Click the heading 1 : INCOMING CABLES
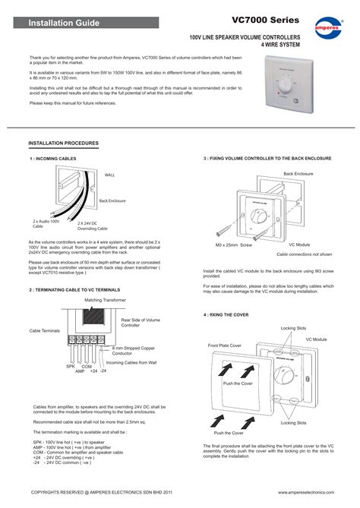pyautogui.click(x=55, y=159)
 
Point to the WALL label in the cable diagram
pyautogui.click(x=110, y=174)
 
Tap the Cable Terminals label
pyautogui.click(x=44, y=331)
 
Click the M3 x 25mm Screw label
pyautogui.click(x=233, y=245)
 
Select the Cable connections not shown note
pyautogui.click(x=303, y=254)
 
